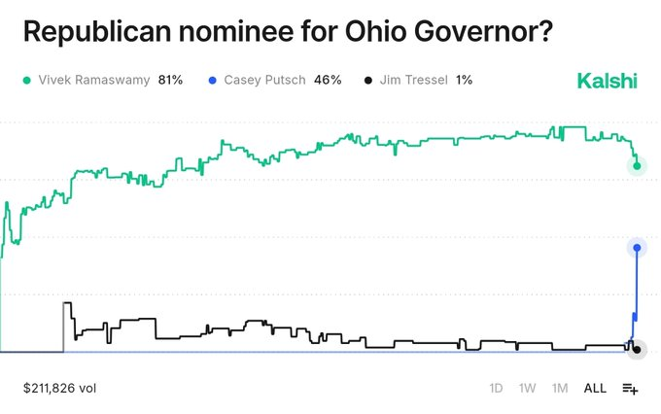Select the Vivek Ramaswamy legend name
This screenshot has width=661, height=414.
(94, 80)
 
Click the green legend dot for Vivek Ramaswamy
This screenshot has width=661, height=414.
(28, 80)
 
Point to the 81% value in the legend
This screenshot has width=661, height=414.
(170, 80)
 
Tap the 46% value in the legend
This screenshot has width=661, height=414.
(328, 80)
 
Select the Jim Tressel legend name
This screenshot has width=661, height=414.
(413, 80)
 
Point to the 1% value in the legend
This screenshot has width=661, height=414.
(464, 80)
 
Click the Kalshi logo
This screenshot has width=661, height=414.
(607, 80)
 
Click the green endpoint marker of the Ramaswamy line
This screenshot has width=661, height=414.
(637, 166)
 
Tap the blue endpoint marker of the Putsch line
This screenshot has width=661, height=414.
(637, 248)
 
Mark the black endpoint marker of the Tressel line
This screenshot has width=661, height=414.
(636, 349)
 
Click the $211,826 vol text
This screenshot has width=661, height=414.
(59, 388)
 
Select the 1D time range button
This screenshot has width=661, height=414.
(496, 388)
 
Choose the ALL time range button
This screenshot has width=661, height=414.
(595, 388)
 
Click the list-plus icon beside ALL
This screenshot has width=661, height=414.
(630, 388)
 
